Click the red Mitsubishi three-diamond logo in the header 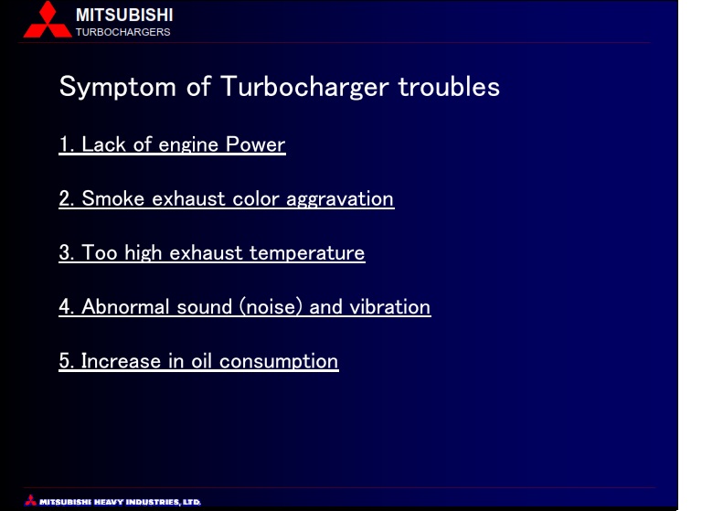pyautogui.click(x=48, y=19)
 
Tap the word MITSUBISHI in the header pyautogui.click(x=124, y=16)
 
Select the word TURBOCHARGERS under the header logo pyautogui.click(x=123, y=32)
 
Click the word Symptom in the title pyautogui.click(x=118, y=87)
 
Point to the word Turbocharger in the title pyautogui.click(x=304, y=87)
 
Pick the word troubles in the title pyautogui.click(x=449, y=87)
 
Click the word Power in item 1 pyautogui.click(x=255, y=144)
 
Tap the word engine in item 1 pyautogui.click(x=188, y=145)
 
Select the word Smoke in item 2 pyautogui.click(x=112, y=198)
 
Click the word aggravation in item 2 pyautogui.click(x=340, y=199)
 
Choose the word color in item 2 pyautogui.click(x=256, y=198)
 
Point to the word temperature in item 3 pyautogui.click(x=307, y=253)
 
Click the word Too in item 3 pyautogui.click(x=100, y=252)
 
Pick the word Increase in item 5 pyautogui.click(x=121, y=361)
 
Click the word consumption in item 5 pyautogui.click(x=279, y=362)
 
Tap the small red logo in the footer pyautogui.click(x=30, y=500)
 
